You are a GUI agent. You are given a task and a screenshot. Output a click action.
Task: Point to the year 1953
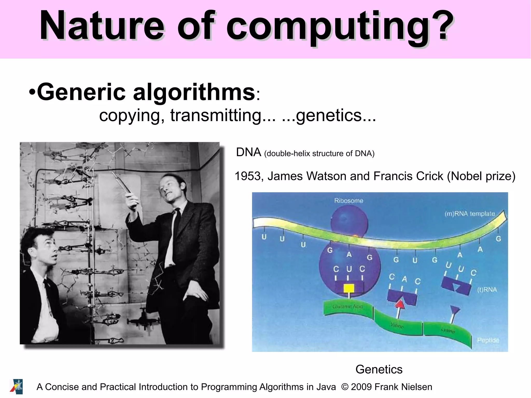click(248, 176)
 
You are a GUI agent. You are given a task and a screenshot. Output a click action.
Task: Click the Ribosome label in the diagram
click(348, 201)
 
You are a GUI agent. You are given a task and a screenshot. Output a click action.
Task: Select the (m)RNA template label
click(470, 214)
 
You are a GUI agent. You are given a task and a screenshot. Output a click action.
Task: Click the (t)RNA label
click(487, 290)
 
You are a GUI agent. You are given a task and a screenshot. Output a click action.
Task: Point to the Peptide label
click(488, 340)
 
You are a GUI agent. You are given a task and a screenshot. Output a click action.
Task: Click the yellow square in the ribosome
click(349, 288)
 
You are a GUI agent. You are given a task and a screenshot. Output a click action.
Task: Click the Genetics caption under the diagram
click(379, 369)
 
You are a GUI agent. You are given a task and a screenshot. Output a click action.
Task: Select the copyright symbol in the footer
click(345, 387)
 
